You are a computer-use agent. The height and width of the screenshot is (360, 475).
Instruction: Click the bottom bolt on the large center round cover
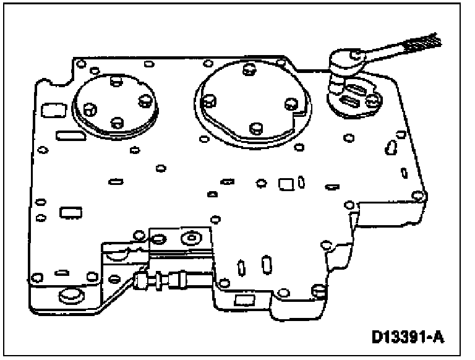tap(254, 128)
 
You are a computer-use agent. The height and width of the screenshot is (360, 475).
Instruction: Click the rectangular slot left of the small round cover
tap(48, 111)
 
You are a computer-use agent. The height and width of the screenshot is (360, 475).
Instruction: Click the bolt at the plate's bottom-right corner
tap(318, 290)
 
